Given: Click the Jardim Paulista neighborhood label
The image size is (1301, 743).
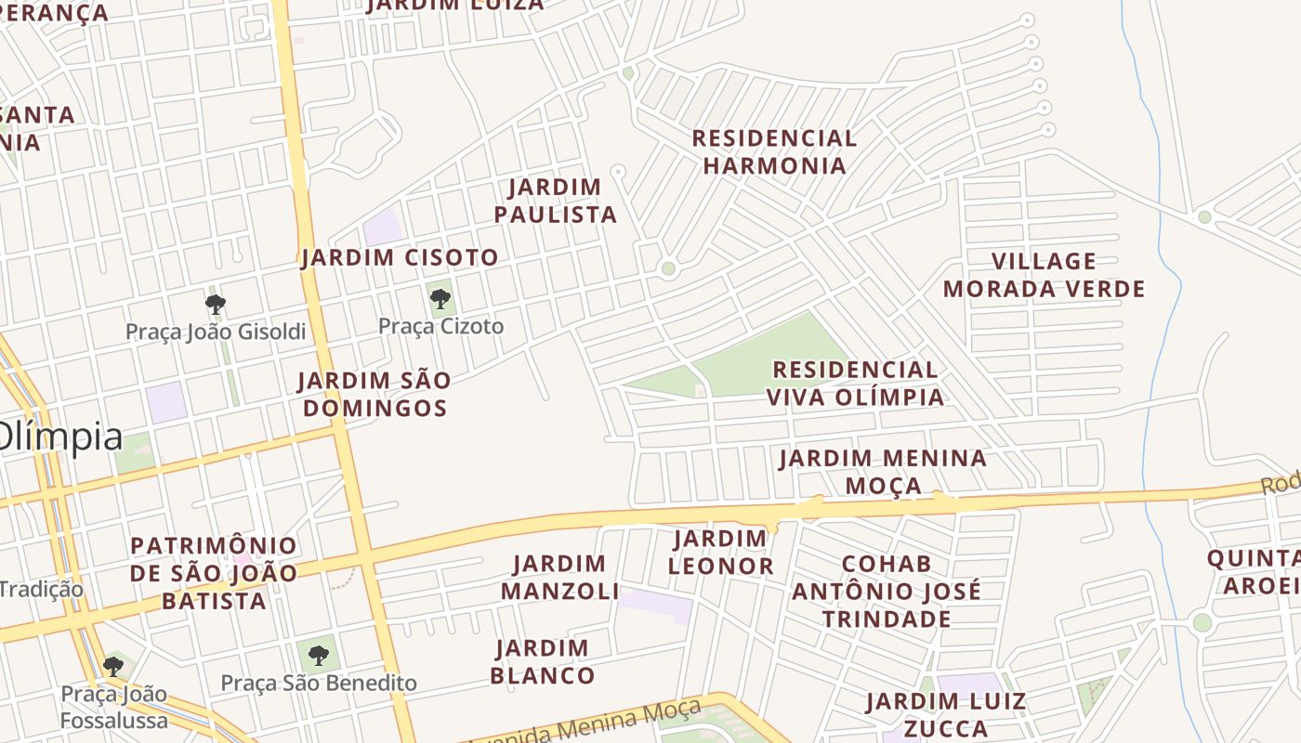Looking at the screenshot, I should pos(555,201).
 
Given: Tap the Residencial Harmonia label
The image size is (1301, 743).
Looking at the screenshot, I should pos(774,152).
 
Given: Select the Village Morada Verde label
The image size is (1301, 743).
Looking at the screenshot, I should pos(1044,275).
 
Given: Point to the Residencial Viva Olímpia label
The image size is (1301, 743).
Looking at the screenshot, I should pos(855,384).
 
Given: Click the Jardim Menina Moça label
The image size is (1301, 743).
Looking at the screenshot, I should pos(883,472).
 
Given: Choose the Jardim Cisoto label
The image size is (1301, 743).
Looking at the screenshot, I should pos(400,257).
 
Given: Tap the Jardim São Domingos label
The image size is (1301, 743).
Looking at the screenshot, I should pos(374,394).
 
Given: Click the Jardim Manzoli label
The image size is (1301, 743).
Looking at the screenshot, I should pos(559,577).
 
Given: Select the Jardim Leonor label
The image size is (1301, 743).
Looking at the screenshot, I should pos(721,553).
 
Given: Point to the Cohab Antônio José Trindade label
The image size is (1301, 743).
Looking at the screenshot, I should pos(886,591).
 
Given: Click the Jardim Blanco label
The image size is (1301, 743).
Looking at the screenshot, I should pos(542,661).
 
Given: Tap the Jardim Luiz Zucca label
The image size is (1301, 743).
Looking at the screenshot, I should pos(946,714).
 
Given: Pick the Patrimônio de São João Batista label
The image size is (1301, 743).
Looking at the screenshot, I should pos(214,572).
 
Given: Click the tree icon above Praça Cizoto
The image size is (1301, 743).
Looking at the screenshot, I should pos(440,299).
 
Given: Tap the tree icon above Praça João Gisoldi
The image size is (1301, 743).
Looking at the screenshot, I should pos(215,304).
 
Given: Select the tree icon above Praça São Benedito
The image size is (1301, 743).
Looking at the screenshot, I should pos(319,656).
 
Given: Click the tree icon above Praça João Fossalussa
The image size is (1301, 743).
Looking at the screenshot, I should pos(113,666).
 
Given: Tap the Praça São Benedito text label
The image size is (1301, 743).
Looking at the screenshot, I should pos(319,684).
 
